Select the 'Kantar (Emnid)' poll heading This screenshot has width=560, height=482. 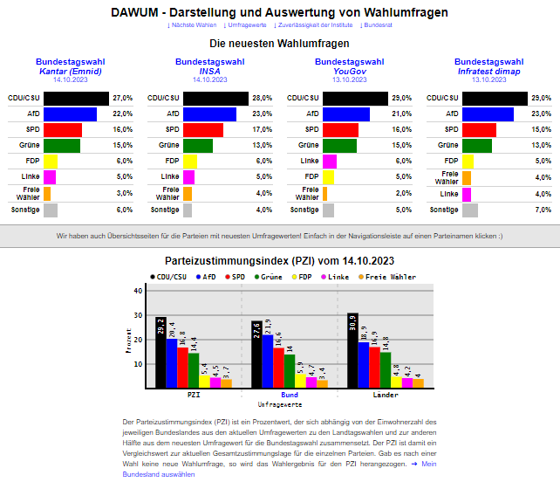point(70,71)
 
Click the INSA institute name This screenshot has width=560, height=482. point(209,71)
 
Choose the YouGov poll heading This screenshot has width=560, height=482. point(349,71)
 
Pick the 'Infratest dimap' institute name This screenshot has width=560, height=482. point(488,71)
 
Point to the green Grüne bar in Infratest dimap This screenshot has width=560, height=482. point(476,145)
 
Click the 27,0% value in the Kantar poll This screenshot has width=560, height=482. point(122,98)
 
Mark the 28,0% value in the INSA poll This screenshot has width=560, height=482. point(263,98)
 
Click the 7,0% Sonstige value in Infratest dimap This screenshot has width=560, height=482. point(543,210)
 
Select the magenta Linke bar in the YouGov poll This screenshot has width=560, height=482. point(330,162)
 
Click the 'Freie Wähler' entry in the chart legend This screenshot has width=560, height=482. point(389,277)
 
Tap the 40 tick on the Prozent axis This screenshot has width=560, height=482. point(138,291)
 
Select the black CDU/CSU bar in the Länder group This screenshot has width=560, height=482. point(352,349)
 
